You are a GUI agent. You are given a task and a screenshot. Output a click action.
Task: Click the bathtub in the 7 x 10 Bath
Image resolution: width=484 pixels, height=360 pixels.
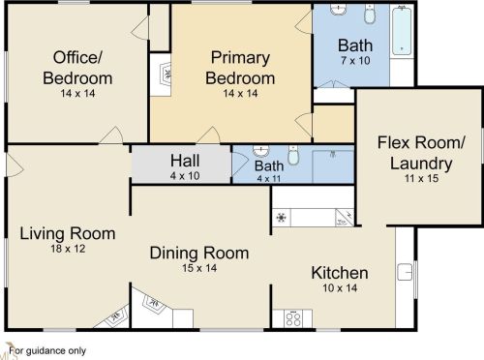402,31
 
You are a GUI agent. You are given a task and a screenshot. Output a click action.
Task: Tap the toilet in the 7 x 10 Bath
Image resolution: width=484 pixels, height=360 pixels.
370,14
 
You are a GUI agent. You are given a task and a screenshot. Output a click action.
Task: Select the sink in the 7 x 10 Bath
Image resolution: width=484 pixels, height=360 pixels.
338,9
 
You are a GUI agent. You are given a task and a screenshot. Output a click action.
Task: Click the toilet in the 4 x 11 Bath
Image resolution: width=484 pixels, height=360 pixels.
293,155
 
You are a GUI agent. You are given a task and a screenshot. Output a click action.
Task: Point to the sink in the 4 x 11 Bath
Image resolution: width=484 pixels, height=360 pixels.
260,151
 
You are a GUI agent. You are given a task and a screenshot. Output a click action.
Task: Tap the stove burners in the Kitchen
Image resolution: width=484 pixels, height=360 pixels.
293,318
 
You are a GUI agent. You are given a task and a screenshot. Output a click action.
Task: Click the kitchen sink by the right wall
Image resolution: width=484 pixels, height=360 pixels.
405,272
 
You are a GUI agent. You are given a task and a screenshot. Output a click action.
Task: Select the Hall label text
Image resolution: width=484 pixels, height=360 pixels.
185,161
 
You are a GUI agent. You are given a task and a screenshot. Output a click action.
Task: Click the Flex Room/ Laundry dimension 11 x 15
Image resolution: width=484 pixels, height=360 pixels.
421,178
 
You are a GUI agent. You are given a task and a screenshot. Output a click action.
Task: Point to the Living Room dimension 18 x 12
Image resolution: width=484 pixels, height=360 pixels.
68,249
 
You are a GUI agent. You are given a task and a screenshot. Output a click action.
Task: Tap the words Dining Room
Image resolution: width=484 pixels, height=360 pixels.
199,253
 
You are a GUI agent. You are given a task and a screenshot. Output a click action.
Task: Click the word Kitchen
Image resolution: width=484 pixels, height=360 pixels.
340,273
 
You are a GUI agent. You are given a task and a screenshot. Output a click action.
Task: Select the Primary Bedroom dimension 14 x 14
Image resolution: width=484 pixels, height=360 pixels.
240,93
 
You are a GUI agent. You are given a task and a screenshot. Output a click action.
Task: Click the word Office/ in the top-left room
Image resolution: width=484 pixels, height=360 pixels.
77,57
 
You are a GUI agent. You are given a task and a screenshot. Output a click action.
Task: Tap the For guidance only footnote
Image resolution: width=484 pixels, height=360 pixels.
47,350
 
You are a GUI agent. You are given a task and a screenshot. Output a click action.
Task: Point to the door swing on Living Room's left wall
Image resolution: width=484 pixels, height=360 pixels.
15,165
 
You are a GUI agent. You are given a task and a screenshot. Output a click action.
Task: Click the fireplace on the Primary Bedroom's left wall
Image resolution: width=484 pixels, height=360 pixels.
166,75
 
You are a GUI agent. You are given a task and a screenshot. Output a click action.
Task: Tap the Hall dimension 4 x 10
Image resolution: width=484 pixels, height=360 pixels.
185,176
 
